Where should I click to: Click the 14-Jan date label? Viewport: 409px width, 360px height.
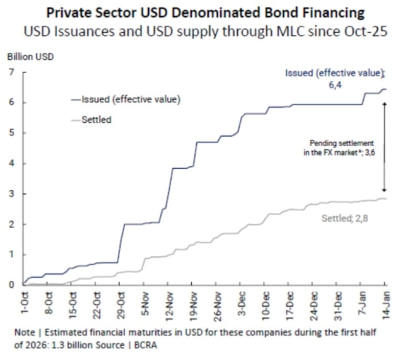[x=384, y=305]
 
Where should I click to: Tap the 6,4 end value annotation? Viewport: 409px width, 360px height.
[x=335, y=85]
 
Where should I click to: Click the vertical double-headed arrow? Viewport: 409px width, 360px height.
[x=384, y=146]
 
